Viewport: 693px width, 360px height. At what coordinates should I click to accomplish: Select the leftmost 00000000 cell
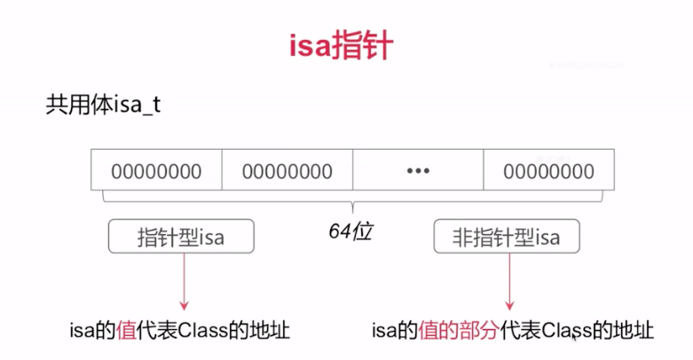[157, 170]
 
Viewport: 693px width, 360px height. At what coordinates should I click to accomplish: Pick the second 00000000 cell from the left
[287, 170]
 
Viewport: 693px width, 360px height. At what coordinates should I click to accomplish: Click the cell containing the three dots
[417, 170]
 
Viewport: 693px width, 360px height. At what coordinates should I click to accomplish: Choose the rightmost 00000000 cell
[548, 170]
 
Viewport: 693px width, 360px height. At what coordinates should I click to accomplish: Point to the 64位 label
[347, 232]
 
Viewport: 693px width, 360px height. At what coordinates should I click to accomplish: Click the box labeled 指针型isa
[181, 237]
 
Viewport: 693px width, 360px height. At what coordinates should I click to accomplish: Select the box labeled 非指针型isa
[508, 237]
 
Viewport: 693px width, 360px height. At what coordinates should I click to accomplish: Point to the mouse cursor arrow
[573, 335]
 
